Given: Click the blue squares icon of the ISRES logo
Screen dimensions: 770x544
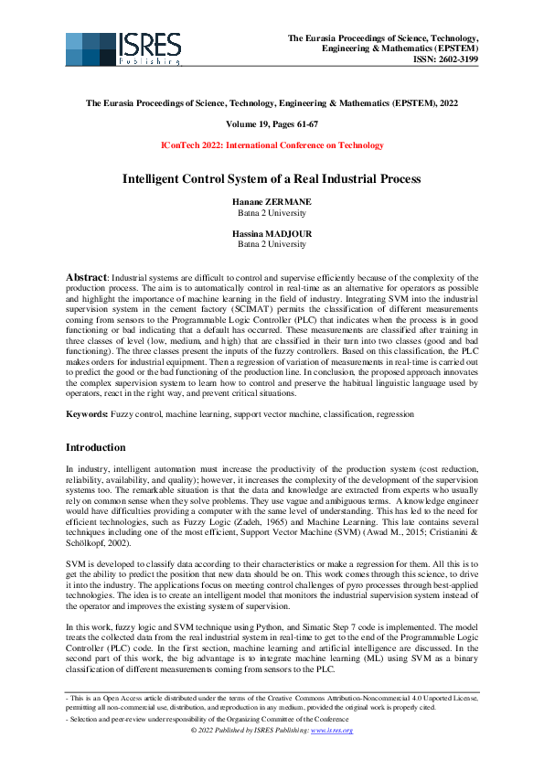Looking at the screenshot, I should [x=90, y=49].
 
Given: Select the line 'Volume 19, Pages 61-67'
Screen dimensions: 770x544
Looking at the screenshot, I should [x=272, y=123].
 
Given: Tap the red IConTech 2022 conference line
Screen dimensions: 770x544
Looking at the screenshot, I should [x=272, y=144].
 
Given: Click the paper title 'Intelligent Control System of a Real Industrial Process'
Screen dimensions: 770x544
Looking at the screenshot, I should [x=272, y=178].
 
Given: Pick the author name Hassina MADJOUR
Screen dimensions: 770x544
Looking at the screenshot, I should [x=272, y=234].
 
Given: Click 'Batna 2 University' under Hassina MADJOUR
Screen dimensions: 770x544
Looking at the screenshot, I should [x=272, y=245].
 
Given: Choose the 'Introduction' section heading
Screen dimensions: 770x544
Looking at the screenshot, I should [x=96, y=448].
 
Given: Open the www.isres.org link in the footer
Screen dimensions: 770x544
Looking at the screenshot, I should [x=334, y=731].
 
